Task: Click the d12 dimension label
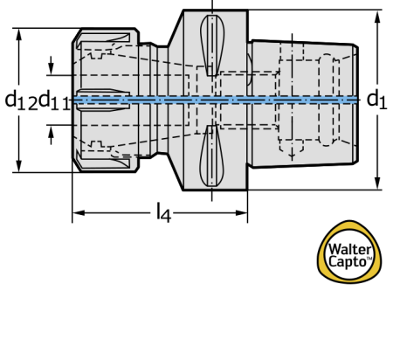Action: pyautogui.click(x=21, y=100)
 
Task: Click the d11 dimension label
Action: pyautogui.click(x=54, y=100)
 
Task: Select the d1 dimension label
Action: pyautogui.click(x=376, y=100)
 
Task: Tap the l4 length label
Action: pyautogui.click(x=163, y=213)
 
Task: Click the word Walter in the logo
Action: pyautogui.click(x=349, y=250)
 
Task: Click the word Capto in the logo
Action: pyautogui.click(x=347, y=261)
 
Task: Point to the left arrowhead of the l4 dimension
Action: pyautogui.click(x=79, y=213)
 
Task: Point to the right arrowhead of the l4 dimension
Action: pyautogui.click(x=241, y=213)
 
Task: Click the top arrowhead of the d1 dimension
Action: pyautogui.click(x=377, y=17)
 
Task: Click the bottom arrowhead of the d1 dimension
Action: pyautogui.click(x=377, y=183)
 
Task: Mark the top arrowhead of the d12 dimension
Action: pyautogui.click(x=19, y=35)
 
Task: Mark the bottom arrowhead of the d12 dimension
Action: pyautogui.click(x=19, y=165)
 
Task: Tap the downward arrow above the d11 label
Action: pyautogui.click(x=51, y=66)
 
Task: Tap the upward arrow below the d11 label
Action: pyautogui.click(x=51, y=135)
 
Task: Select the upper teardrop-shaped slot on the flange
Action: pyautogui.click(x=212, y=45)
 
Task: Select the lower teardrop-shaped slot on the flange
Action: pyautogui.click(x=211, y=156)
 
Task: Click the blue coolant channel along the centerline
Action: pyautogui.click(x=216, y=100)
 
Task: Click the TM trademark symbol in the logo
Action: pyautogui.click(x=369, y=258)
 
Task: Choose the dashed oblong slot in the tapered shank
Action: pyautogui.click(x=326, y=100)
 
